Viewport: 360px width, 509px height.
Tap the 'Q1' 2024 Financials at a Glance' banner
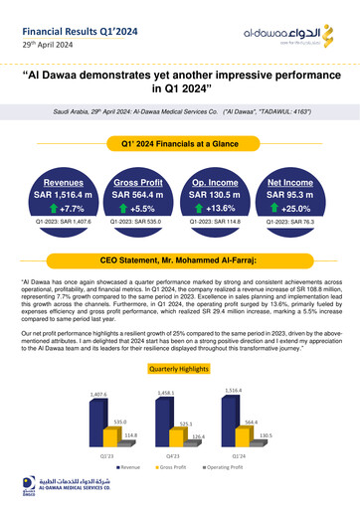pos(180,145)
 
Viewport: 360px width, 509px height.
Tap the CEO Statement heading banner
pos(180,258)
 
